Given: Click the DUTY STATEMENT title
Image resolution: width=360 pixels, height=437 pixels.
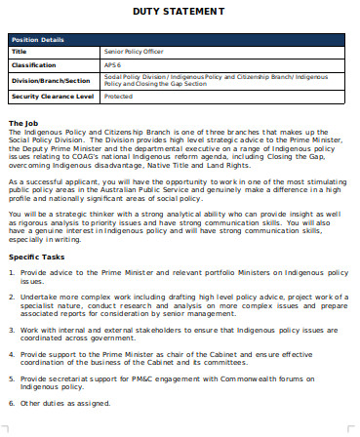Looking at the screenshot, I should [180, 11].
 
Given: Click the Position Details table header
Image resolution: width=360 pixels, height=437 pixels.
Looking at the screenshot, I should [39, 40].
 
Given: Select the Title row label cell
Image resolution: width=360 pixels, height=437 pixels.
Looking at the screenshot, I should [20, 51].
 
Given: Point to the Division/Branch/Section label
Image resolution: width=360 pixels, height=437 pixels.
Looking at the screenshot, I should [50, 80].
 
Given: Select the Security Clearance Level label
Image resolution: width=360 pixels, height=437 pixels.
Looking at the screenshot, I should [52, 97].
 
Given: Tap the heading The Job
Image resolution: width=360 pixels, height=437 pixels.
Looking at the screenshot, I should [23, 122].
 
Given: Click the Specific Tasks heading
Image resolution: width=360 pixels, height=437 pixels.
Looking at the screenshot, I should [38, 256].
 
